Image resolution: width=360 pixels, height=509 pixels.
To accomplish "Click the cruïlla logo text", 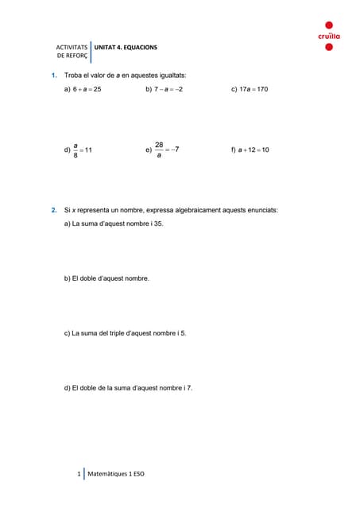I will [329, 37].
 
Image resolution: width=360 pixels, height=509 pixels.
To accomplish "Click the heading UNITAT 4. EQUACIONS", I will [126, 48].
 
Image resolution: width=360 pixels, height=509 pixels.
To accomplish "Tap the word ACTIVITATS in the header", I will [72, 48].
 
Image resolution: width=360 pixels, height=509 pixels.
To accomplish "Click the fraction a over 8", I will [75, 150].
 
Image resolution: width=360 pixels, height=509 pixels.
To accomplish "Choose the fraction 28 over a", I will [159, 150].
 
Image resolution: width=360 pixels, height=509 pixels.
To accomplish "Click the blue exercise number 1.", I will [53, 75].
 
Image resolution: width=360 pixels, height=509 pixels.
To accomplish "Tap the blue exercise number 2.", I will [53, 210].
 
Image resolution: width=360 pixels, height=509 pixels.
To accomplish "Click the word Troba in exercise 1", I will [73, 75].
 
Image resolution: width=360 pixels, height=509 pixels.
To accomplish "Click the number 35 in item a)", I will [159, 224].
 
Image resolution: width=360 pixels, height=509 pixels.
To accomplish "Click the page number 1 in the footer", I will [79, 474].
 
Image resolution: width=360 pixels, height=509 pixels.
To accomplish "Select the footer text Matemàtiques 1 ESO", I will [116, 474].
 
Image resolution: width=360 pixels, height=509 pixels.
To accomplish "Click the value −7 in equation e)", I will [181, 150].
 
